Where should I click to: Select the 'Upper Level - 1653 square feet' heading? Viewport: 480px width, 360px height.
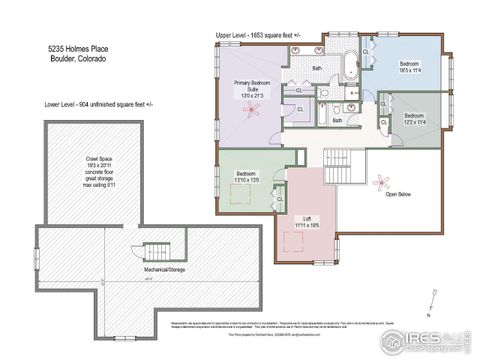click(257, 34)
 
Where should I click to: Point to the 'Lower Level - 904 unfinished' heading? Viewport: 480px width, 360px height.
click(97, 104)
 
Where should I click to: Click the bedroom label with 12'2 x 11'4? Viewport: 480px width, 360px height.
click(416, 120)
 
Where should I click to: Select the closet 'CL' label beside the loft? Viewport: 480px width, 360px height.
click(280, 199)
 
